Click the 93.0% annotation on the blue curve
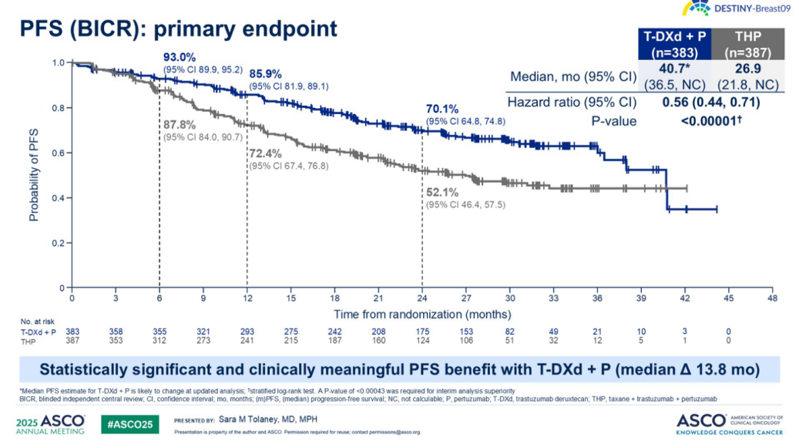coord(180,57)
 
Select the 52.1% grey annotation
coord(441,192)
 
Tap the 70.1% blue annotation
coord(441,109)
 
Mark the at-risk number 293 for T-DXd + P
coord(247,330)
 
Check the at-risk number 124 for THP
coord(421,339)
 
